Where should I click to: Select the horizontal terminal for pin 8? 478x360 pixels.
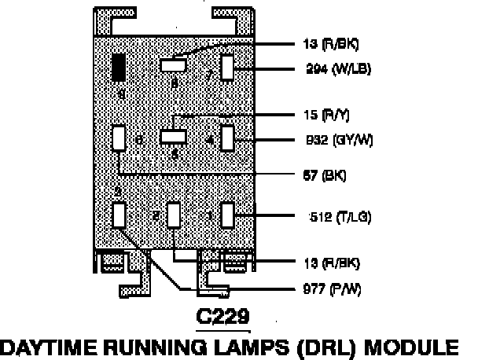(173, 64)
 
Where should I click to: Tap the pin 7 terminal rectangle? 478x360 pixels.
(228, 68)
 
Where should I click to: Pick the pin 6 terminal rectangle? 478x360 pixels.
(119, 138)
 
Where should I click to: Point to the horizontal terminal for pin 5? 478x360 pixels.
(173, 137)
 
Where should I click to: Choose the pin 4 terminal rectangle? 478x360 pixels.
(228, 138)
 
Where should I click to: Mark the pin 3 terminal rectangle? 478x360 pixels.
(119, 214)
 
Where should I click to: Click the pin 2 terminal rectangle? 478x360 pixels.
(174, 215)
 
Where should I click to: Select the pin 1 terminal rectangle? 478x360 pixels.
(228, 214)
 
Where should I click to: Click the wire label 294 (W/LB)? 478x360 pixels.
(339, 68)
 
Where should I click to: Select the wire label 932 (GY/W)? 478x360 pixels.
(339, 141)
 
